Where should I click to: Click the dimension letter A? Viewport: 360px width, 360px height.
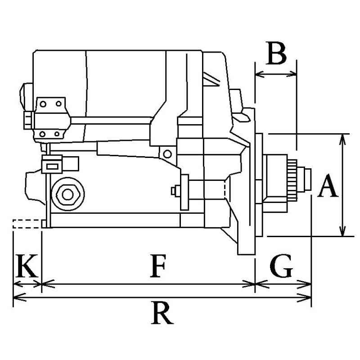coord(328,187)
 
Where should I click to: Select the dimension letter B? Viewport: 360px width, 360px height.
coord(276,54)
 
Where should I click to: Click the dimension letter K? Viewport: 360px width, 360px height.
coord(26,267)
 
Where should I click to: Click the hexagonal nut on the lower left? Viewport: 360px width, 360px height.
coord(67,194)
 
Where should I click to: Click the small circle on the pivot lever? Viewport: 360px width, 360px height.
coord(167,154)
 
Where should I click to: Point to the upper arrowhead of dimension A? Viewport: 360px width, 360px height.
coord(343,138)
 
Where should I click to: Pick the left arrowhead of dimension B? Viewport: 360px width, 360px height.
coord(259,74)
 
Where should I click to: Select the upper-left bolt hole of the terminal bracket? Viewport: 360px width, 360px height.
coord(43,104)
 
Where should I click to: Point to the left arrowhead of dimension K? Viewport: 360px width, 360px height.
coord(17,284)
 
